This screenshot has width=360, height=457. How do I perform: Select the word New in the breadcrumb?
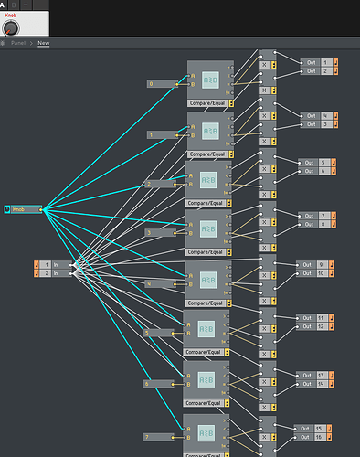click(x=43, y=43)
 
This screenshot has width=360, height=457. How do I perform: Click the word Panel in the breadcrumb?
click(x=18, y=43)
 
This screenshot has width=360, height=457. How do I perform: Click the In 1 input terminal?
click(x=51, y=264)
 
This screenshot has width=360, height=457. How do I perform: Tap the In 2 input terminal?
click(x=51, y=273)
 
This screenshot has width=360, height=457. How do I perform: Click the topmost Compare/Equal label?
click(x=208, y=103)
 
